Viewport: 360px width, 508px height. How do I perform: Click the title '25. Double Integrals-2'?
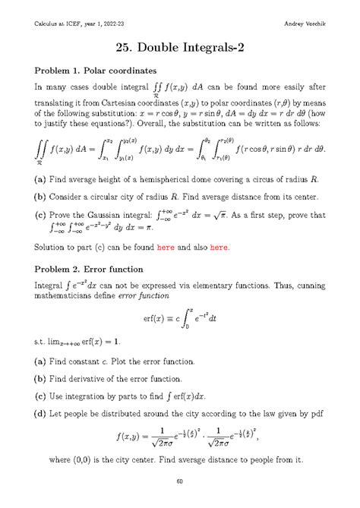click(180, 46)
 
